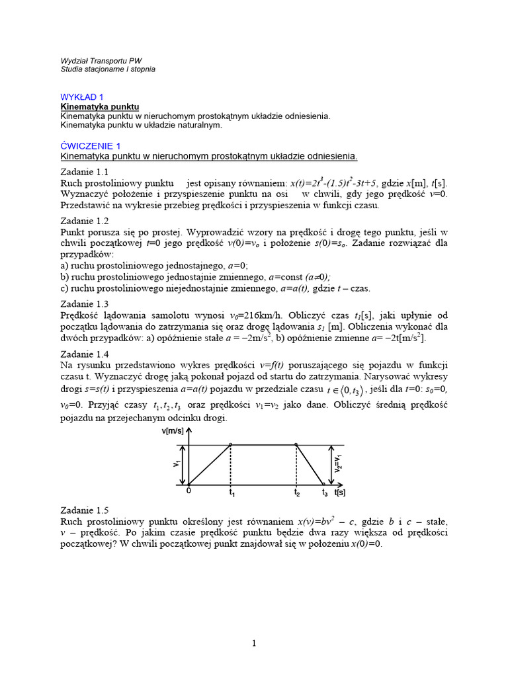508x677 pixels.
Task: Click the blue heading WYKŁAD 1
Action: pyautogui.click(x=82, y=97)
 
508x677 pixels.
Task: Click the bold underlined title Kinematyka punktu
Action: pyautogui.click(x=100, y=106)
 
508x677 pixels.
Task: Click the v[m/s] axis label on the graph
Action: pyautogui.click(x=173, y=431)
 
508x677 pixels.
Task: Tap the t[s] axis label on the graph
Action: pyautogui.click(x=339, y=493)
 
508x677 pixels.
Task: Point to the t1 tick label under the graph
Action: pyautogui.click(x=232, y=493)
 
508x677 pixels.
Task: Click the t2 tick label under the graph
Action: pyautogui.click(x=298, y=493)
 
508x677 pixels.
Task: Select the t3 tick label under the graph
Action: pyautogui.click(x=325, y=493)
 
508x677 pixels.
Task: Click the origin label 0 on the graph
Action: pyautogui.click(x=188, y=492)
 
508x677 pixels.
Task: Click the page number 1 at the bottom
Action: pyautogui.click(x=253, y=644)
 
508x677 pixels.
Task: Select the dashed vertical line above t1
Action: pyautogui.click(x=230, y=466)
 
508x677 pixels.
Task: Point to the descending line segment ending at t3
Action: pyautogui.click(x=310, y=464)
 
